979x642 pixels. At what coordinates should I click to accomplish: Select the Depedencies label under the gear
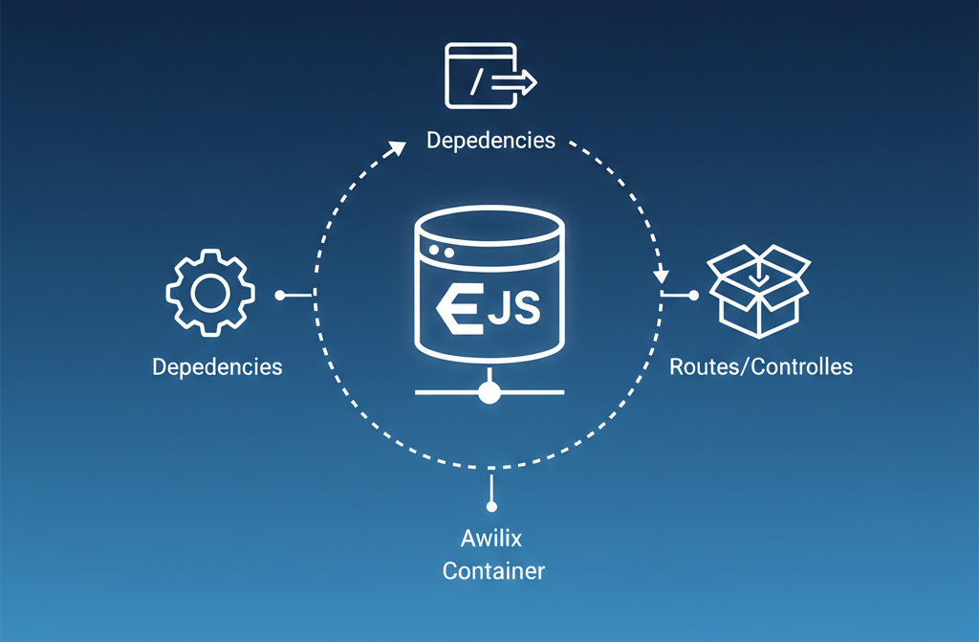(x=217, y=366)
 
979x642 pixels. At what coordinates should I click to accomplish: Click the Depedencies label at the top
(x=490, y=141)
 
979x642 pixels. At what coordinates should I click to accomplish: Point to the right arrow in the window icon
(x=517, y=84)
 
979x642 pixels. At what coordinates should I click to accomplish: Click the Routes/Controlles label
(x=761, y=366)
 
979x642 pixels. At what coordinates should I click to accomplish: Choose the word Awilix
(x=491, y=538)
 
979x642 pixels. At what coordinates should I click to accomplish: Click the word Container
(x=493, y=571)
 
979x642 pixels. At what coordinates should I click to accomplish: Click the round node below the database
(x=490, y=392)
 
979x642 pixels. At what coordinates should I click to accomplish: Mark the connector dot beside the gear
(x=279, y=296)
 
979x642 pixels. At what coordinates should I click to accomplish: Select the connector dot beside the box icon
(x=694, y=296)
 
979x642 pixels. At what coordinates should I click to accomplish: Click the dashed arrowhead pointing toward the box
(x=661, y=277)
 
